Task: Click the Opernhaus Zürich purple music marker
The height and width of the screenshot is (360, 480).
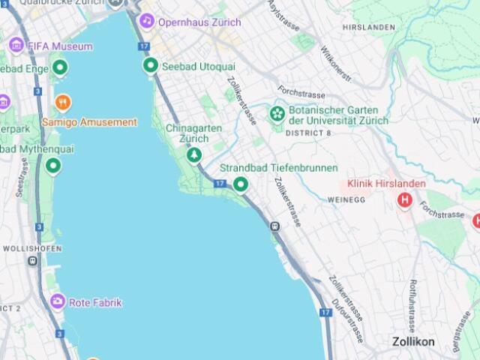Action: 147,21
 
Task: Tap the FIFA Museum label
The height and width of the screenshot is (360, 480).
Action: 59,46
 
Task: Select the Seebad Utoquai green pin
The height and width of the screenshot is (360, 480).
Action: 150,66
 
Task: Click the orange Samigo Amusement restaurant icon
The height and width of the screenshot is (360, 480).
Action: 63,102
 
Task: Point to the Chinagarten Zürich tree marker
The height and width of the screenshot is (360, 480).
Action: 194,154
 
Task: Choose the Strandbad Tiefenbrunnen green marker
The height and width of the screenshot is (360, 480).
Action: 241,184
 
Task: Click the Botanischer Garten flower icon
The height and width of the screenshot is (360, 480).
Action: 277,115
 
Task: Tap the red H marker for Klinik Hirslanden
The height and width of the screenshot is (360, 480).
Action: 406,200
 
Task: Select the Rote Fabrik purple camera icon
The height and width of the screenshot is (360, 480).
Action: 58,302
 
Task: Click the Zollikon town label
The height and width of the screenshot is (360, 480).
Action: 413,342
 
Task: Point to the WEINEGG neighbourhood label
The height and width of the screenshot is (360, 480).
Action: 346,200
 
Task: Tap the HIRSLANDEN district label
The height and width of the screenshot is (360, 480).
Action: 368,27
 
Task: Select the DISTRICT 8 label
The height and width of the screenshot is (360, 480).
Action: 308,133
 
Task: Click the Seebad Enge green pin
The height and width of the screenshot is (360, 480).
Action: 60,69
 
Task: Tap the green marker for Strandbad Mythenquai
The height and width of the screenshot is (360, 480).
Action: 52,166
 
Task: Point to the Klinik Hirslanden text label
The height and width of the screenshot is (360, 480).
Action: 386,184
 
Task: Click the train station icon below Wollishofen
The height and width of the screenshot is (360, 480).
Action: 33,261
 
